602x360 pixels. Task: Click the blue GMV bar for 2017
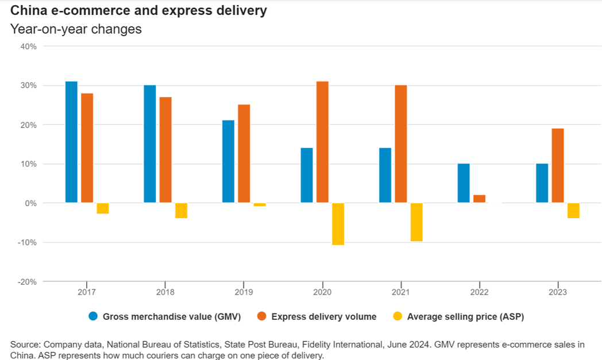(71, 142)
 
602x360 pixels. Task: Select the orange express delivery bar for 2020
(322, 142)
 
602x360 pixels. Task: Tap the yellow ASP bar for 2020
(338, 224)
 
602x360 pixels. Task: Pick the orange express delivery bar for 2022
(479, 199)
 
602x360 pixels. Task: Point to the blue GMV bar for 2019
(228, 161)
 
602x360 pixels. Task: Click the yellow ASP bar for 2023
(573, 210)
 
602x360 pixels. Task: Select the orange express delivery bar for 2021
(401, 144)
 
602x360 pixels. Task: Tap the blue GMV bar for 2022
(464, 183)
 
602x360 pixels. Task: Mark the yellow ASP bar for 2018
(181, 210)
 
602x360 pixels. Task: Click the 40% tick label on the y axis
(28, 47)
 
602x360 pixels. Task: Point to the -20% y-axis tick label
(26, 281)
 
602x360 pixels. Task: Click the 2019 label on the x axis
(244, 292)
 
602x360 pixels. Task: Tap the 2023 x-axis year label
(557, 292)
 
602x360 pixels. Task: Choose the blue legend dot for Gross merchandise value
(93, 316)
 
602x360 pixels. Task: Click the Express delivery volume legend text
(324, 316)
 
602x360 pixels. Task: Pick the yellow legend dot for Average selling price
(398, 316)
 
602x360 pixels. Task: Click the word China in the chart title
(26, 11)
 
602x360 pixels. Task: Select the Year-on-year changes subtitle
(76, 29)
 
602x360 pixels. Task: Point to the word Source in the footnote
(25, 344)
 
